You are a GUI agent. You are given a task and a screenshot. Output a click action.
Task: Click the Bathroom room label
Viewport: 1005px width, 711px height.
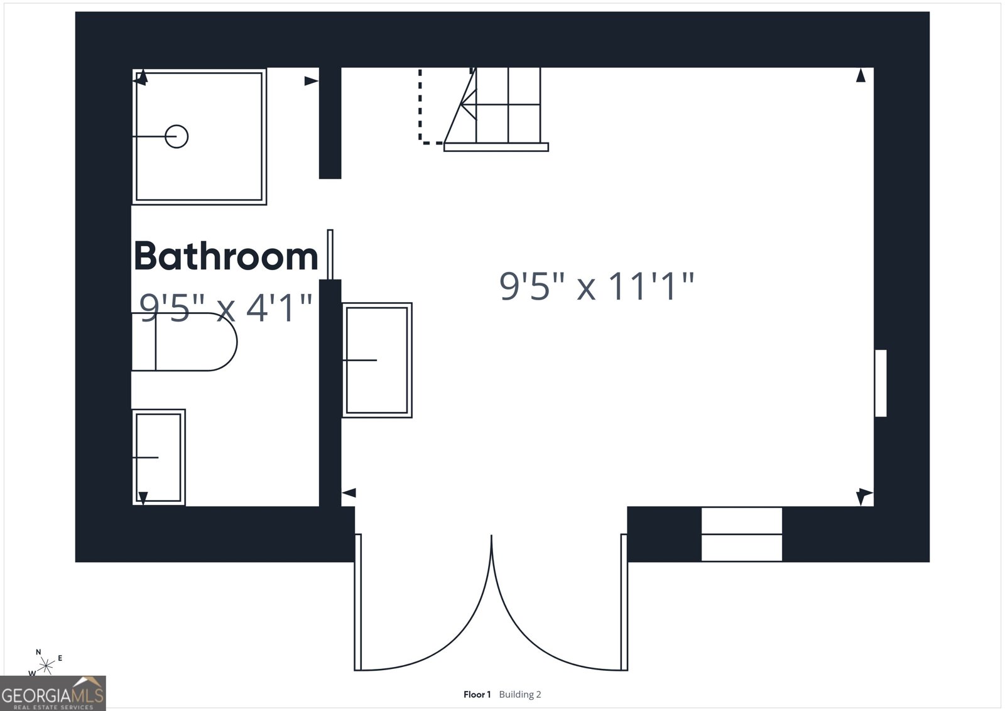pyautogui.click(x=226, y=256)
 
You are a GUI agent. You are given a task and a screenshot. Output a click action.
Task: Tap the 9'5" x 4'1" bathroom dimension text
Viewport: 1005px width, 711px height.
pyautogui.click(x=225, y=308)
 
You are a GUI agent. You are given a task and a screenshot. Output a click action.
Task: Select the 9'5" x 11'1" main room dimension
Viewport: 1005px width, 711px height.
pyautogui.click(x=597, y=286)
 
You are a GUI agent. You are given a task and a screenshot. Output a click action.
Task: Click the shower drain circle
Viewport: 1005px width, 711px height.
pyautogui.click(x=177, y=136)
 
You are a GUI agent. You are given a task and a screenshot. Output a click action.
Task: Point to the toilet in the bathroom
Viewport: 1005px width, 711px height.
pyautogui.click(x=185, y=342)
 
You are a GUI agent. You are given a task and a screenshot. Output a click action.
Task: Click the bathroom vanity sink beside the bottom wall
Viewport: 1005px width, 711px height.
pyautogui.click(x=159, y=457)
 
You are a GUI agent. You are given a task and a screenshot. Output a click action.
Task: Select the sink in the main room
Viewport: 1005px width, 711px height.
pyautogui.click(x=377, y=360)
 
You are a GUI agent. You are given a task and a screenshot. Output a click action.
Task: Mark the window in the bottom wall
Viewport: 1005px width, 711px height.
pyautogui.click(x=742, y=534)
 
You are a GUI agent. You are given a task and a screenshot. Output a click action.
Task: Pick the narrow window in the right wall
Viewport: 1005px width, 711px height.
pyautogui.click(x=881, y=383)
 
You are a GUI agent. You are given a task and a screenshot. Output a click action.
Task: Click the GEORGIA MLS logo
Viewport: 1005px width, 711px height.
pyautogui.click(x=53, y=693)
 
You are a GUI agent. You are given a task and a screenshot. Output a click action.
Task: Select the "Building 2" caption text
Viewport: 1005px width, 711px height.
pyautogui.click(x=520, y=695)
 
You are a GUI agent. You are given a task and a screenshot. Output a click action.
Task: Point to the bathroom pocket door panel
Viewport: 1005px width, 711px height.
pyautogui.click(x=330, y=254)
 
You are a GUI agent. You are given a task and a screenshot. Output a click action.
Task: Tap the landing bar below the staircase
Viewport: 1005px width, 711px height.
pyautogui.click(x=496, y=147)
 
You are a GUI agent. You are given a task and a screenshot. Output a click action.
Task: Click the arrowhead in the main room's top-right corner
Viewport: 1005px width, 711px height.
pyautogui.click(x=861, y=75)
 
